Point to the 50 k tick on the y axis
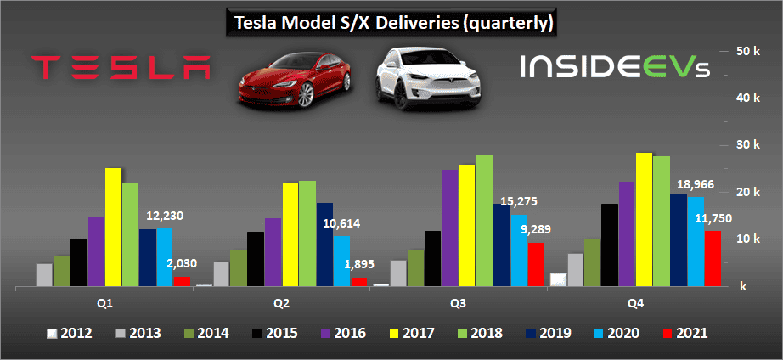click(746, 52)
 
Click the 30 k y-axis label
click(746, 146)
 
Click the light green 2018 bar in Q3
click(483, 221)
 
